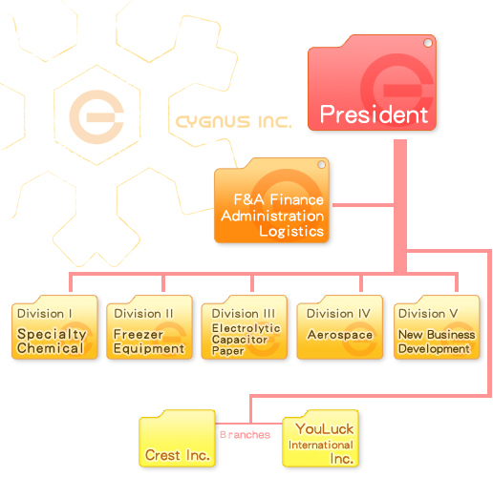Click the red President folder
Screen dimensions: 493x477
pyautogui.click(x=372, y=83)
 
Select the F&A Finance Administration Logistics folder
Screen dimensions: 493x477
pyautogui.click(x=271, y=200)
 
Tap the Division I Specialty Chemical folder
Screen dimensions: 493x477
pyautogui.click(x=54, y=327)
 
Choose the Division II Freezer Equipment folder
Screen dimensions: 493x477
pyautogui.click(x=149, y=327)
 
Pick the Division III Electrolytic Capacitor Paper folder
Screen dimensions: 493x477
pyautogui.click(x=245, y=327)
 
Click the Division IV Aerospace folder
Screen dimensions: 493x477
pyautogui.click(x=339, y=327)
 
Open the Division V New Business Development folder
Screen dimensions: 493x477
pyautogui.click(x=437, y=327)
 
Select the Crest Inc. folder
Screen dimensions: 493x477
pyautogui.click(x=177, y=439)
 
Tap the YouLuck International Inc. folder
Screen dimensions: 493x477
pyautogui.click(x=320, y=439)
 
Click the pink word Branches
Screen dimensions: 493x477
pyautogui.click(x=245, y=435)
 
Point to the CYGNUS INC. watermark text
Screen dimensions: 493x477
pyautogui.click(x=233, y=122)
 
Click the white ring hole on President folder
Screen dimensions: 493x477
pyautogui.click(x=428, y=43)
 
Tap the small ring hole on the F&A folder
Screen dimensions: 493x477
pyautogui.click(x=321, y=164)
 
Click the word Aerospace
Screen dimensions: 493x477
pyautogui.click(x=340, y=335)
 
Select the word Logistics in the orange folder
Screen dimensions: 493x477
pyautogui.click(x=291, y=231)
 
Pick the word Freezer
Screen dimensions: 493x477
pyautogui.click(x=139, y=334)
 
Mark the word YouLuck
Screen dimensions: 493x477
pyautogui.click(x=324, y=429)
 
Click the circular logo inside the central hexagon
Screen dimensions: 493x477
pyautogui.click(x=96, y=116)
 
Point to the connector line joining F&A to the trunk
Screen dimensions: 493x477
pyautogui.click(x=363, y=205)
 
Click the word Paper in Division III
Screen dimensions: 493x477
pyautogui.click(x=228, y=351)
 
